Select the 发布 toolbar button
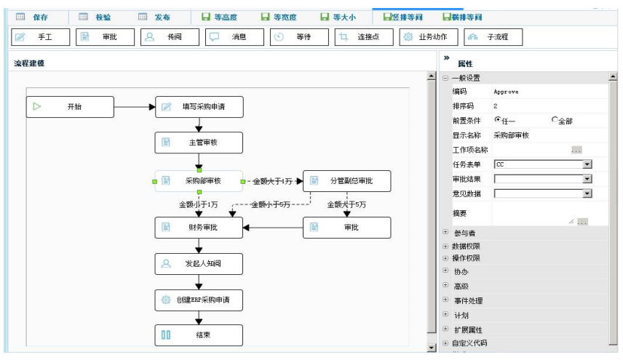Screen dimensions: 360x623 click(x=154, y=17)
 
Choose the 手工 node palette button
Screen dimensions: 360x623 click(x=41, y=37)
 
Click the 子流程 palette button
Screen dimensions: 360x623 click(x=493, y=37)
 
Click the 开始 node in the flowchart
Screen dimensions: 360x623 click(x=71, y=107)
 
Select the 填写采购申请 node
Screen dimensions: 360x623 click(x=198, y=107)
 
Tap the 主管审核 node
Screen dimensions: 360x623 click(x=198, y=143)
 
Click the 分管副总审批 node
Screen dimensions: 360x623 click(x=346, y=181)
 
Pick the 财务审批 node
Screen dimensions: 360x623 click(x=198, y=228)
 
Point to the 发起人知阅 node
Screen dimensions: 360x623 click(x=198, y=263)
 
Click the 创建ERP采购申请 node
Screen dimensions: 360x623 click(x=198, y=300)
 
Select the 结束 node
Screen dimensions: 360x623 click(x=198, y=335)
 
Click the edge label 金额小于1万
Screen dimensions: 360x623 click(x=199, y=205)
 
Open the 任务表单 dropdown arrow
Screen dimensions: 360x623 click(x=587, y=164)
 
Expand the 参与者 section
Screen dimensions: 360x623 click(x=445, y=233)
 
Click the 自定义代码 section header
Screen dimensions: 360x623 click(x=469, y=343)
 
